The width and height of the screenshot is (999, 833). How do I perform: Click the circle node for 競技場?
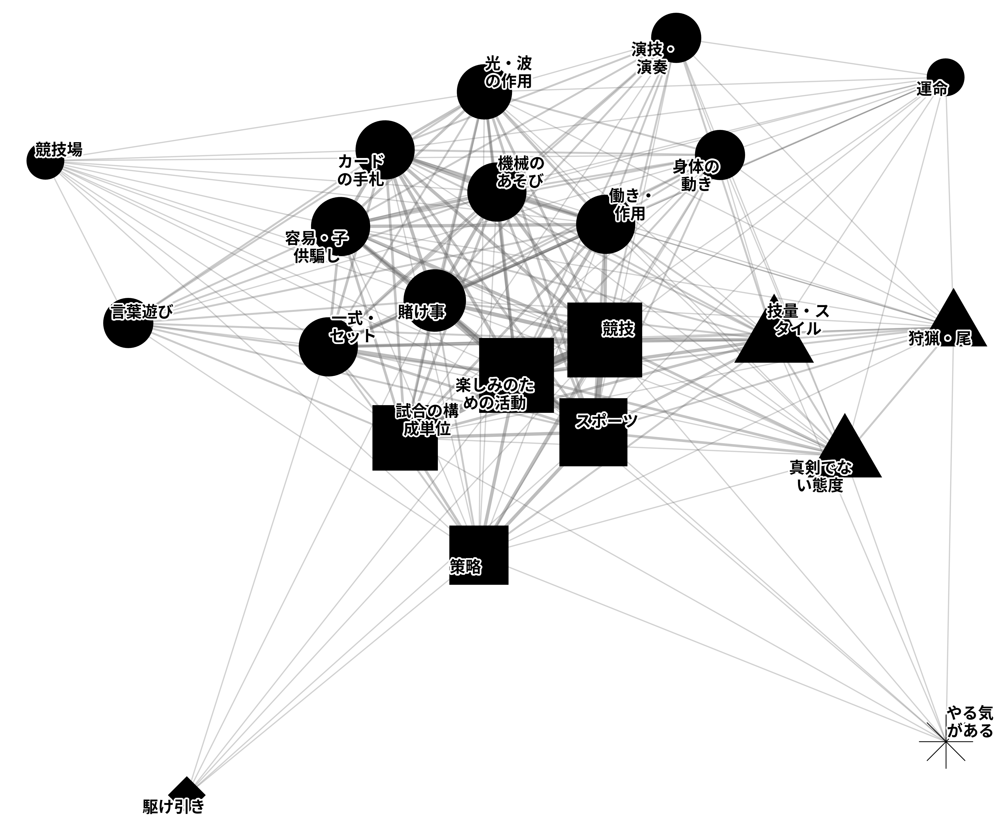(x=45, y=161)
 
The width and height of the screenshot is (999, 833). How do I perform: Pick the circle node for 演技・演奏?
(x=676, y=37)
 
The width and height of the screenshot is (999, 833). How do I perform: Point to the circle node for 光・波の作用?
(x=484, y=92)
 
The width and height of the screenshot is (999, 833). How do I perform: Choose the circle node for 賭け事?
(x=434, y=300)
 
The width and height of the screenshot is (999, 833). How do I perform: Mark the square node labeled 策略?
(x=479, y=555)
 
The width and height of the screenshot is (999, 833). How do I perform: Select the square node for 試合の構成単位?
(x=405, y=438)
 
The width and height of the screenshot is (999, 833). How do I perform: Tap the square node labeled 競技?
(x=605, y=340)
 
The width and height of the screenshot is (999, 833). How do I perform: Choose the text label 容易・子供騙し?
(x=317, y=247)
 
